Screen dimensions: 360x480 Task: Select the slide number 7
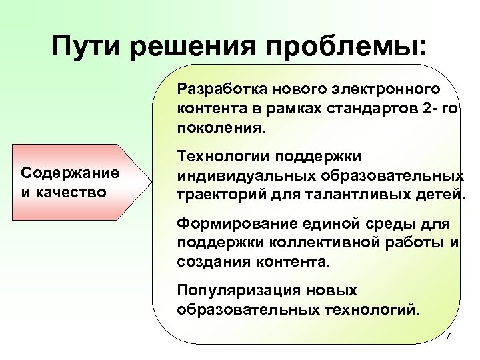tap(448, 335)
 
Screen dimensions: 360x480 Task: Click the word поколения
tap(220, 127)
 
